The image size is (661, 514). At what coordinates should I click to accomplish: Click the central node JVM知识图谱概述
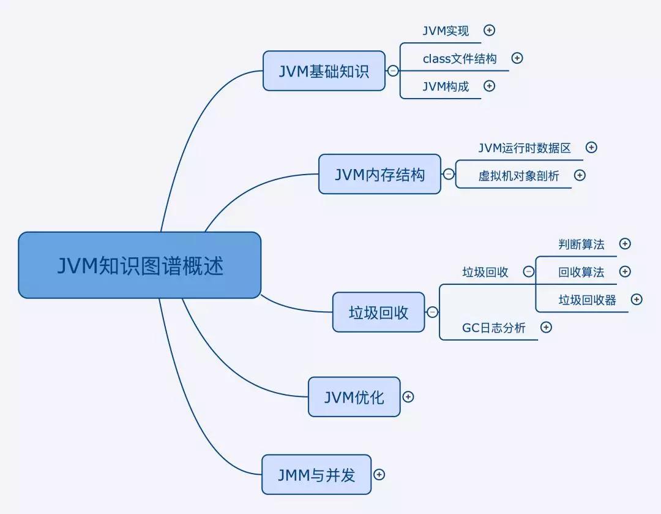click(140, 265)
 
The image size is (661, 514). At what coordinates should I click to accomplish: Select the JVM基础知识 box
click(324, 71)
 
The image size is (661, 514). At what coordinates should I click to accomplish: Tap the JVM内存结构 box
click(379, 174)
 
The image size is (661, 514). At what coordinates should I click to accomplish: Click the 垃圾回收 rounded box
click(378, 312)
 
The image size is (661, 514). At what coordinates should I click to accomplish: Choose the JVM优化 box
click(354, 397)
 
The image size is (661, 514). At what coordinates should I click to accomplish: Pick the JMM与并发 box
click(316, 475)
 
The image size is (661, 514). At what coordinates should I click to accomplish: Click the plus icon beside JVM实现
click(489, 30)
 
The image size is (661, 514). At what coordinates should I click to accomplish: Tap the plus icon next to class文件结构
click(517, 58)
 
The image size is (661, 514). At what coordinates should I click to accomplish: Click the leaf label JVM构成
click(446, 86)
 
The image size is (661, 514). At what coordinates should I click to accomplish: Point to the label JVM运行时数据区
click(525, 148)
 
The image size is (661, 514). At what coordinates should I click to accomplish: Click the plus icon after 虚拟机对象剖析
click(580, 175)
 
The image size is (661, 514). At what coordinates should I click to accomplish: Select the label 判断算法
click(581, 244)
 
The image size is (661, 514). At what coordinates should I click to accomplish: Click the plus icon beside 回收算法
click(625, 271)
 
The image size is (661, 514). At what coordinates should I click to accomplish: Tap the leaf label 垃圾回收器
click(587, 300)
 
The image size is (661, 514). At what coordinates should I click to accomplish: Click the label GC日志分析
click(493, 328)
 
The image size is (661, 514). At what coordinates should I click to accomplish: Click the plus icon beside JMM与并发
click(379, 475)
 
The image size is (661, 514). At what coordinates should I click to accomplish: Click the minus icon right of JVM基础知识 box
click(393, 71)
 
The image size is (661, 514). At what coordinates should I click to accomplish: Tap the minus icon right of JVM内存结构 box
click(449, 175)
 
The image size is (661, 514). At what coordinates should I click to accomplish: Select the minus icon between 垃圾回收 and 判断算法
click(529, 272)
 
